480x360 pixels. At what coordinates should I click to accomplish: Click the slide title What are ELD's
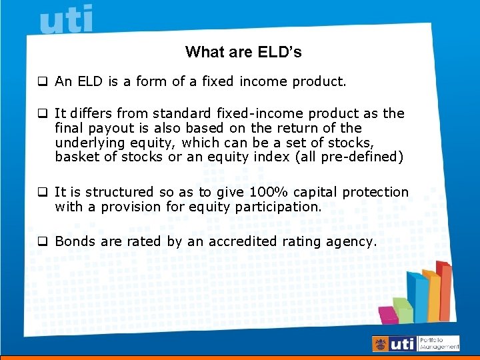(x=243, y=52)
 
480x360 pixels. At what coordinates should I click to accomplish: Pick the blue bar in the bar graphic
(x=418, y=297)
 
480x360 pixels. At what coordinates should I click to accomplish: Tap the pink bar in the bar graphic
(x=387, y=314)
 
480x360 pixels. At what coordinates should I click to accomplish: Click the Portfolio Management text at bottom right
(x=439, y=343)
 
